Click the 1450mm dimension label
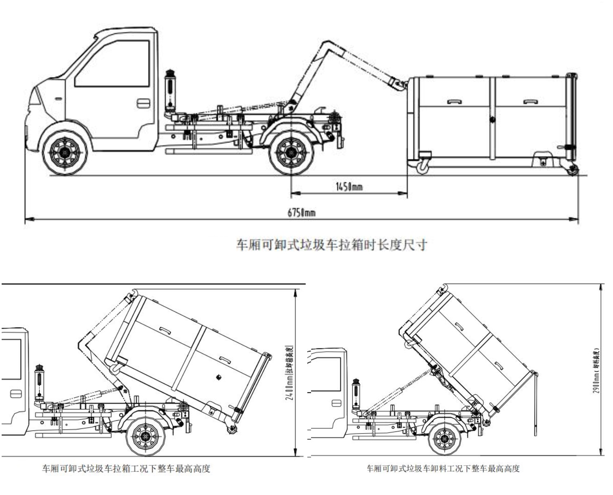pyautogui.click(x=349, y=187)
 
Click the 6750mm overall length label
pyautogui.click(x=302, y=213)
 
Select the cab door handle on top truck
pyautogui.click(x=143, y=102)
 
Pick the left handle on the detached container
pyautogui.click(x=454, y=101)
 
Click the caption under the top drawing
pyautogui.click(x=331, y=245)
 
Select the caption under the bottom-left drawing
pyautogui.click(x=126, y=469)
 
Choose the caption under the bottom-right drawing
pyautogui.click(x=443, y=469)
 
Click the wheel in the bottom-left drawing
pyautogui.click(x=145, y=436)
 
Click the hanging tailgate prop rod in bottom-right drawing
pyautogui.click(x=535, y=405)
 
